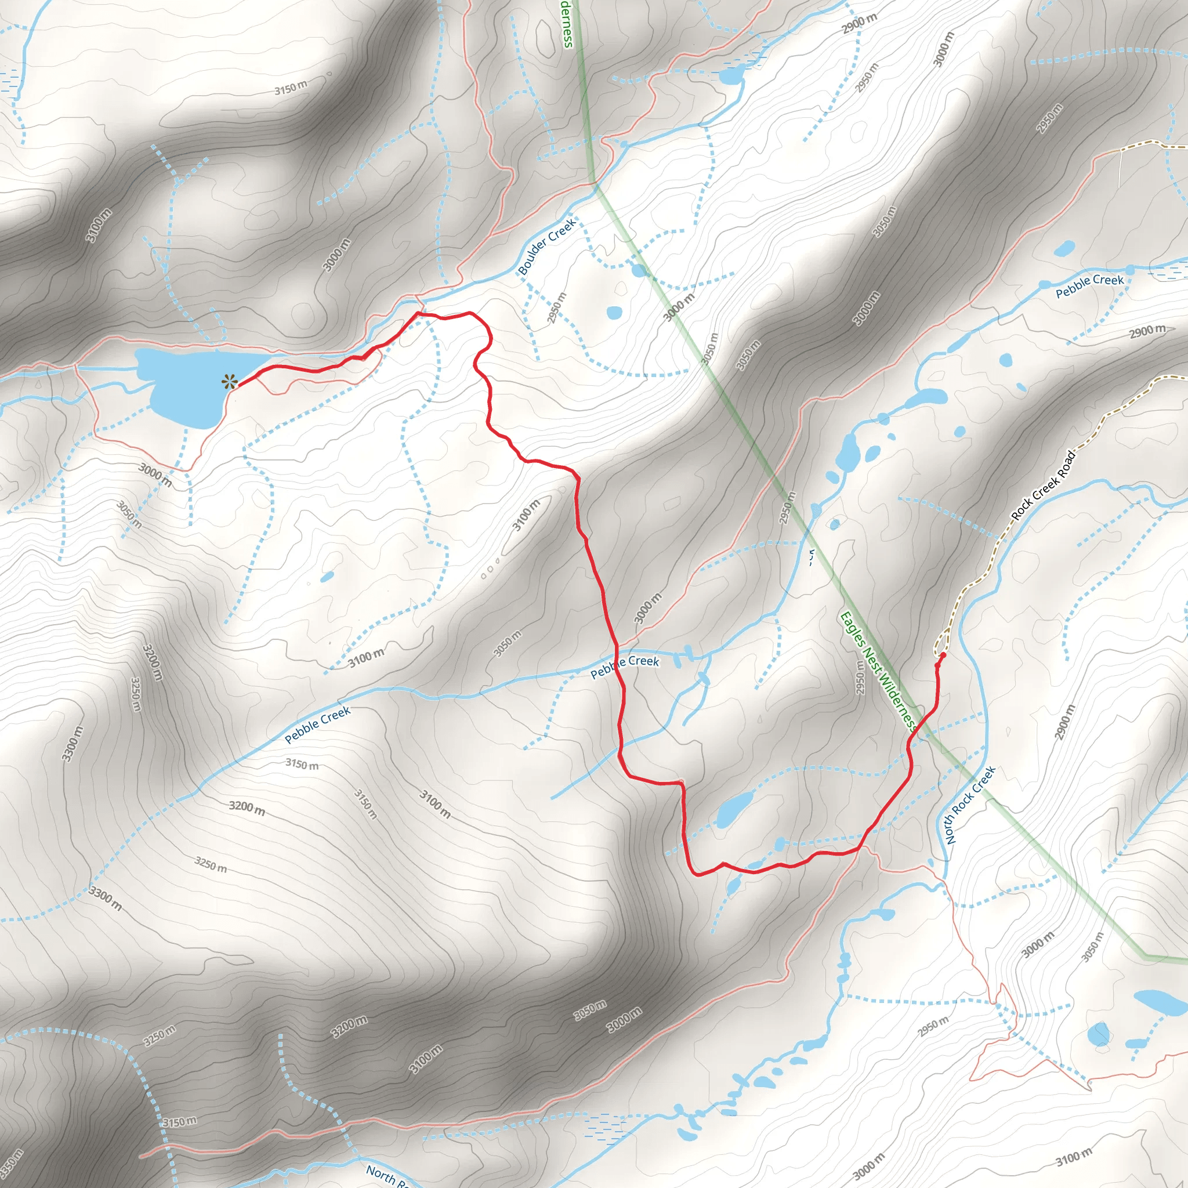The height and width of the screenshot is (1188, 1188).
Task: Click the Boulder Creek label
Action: coord(546,247)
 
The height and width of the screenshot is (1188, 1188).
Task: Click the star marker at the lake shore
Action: coord(230,382)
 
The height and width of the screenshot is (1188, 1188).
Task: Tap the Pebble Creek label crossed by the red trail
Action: coord(625,666)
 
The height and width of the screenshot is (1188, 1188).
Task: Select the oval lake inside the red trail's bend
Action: coord(734,808)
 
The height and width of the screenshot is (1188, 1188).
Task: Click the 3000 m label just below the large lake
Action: coord(154,475)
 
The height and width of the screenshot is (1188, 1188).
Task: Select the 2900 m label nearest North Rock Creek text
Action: coord(1066,721)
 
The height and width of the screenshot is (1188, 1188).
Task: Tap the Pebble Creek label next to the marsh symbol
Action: coord(1089,285)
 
